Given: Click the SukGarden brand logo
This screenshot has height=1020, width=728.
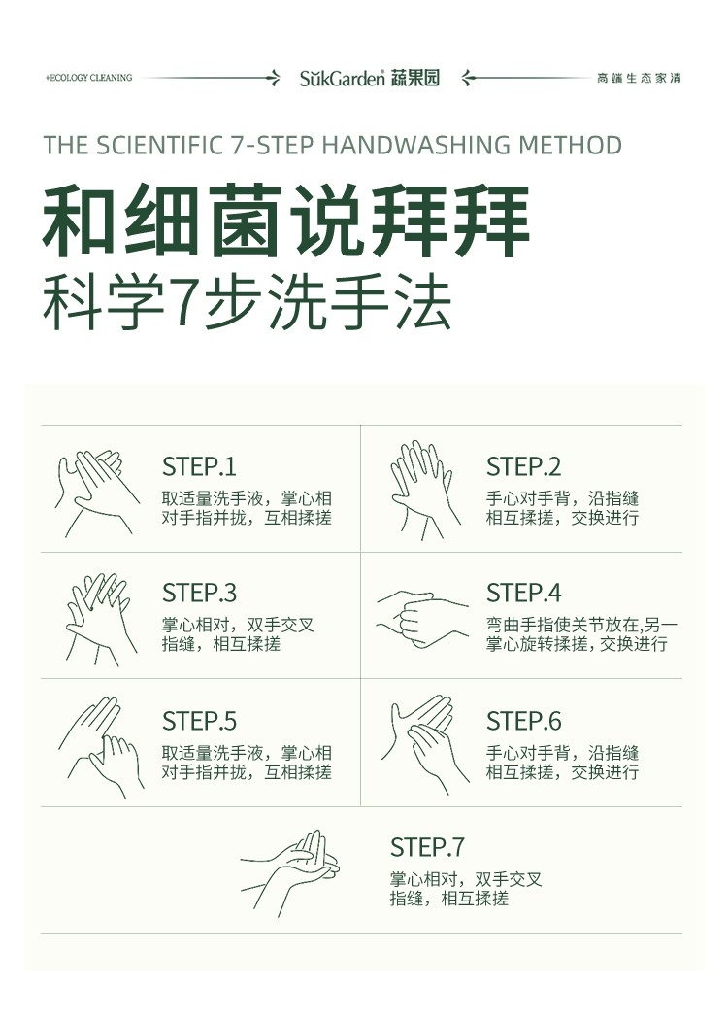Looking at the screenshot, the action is tap(369, 78).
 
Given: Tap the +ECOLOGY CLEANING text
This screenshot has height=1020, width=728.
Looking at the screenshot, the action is tap(89, 78).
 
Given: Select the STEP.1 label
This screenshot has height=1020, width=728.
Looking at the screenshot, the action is tap(199, 466).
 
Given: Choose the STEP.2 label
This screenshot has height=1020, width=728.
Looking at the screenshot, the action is tap(523, 466).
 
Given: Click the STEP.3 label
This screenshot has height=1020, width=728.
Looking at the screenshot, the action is tap(199, 593).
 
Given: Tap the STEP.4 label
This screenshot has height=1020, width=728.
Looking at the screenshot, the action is tap(523, 593).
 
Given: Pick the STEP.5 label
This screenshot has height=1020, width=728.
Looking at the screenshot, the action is tap(199, 721).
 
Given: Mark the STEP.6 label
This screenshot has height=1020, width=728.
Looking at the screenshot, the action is tap(523, 721).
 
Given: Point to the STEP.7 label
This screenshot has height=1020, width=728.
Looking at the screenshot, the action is tap(427, 847).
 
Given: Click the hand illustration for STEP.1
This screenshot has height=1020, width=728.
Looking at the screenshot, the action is tap(97, 493).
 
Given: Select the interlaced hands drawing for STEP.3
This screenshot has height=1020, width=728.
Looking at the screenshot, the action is tap(101, 619).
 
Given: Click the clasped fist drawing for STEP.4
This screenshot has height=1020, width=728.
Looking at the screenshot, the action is tap(422, 619).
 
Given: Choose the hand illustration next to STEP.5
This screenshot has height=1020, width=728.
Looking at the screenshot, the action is tap(101, 747).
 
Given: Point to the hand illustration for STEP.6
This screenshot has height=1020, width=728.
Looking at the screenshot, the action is tap(425, 744).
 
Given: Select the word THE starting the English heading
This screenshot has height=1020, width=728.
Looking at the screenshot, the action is tap(66, 145).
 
